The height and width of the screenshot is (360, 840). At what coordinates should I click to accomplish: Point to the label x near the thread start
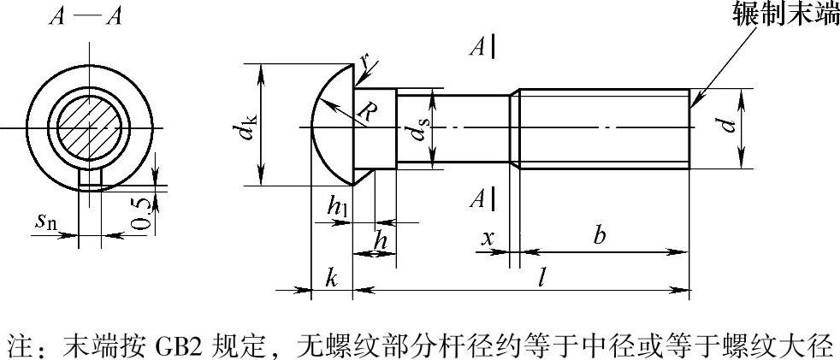(x=488, y=237)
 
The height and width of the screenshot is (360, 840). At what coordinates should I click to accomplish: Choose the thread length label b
(x=600, y=235)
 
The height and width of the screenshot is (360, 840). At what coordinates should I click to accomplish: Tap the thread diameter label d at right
(x=727, y=125)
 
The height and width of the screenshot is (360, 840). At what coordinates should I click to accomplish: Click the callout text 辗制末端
(x=786, y=16)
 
